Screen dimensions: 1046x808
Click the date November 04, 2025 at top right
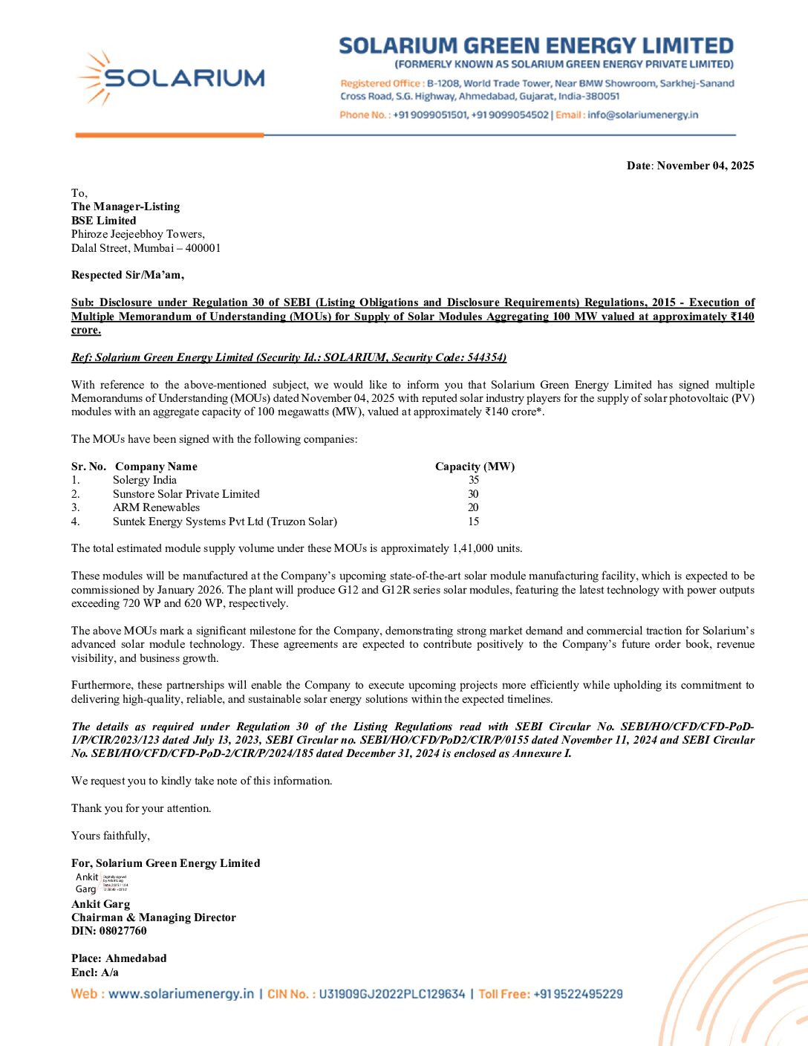point(705,166)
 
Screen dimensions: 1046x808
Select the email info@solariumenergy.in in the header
point(642,115)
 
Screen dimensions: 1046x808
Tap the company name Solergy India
point(145,480)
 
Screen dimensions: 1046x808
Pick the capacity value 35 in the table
point(474,480)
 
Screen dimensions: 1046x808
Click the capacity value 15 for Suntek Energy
point(474,522)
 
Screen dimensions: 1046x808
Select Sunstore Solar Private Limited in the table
point(186,494)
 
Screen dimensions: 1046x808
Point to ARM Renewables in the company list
point(156,507)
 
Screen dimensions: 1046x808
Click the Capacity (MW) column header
point(475,467)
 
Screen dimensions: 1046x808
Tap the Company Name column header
point(156,467)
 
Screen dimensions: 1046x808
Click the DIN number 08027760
point(123,931)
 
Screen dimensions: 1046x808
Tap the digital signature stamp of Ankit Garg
point(115,883)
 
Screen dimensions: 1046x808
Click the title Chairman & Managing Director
point(154,917)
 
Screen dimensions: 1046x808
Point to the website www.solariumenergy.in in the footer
point(181,994)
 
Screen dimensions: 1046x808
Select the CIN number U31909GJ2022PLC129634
point(391,994)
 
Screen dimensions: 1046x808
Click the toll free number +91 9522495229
point(578,994)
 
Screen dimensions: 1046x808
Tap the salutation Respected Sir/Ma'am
point(128,275)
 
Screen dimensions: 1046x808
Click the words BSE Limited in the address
point(104,221)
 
